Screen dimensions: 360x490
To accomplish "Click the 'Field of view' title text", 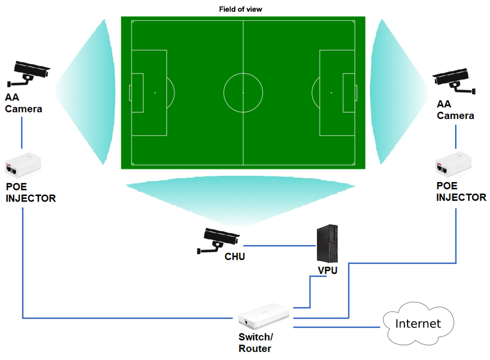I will pos(240,9).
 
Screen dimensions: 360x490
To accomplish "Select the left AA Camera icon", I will pos(29,73).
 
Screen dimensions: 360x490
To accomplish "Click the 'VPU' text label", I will pos(327,270).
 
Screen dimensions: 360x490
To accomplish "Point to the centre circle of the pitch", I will pos(243,92).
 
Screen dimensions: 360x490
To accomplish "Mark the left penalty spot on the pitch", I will pos(155,92).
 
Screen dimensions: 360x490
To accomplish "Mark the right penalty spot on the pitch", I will pos(331,92).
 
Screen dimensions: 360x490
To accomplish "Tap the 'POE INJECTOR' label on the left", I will pos(30,192).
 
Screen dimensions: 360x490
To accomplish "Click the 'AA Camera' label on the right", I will pos(455,110).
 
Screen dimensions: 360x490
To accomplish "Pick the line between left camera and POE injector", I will pos(22,132).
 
